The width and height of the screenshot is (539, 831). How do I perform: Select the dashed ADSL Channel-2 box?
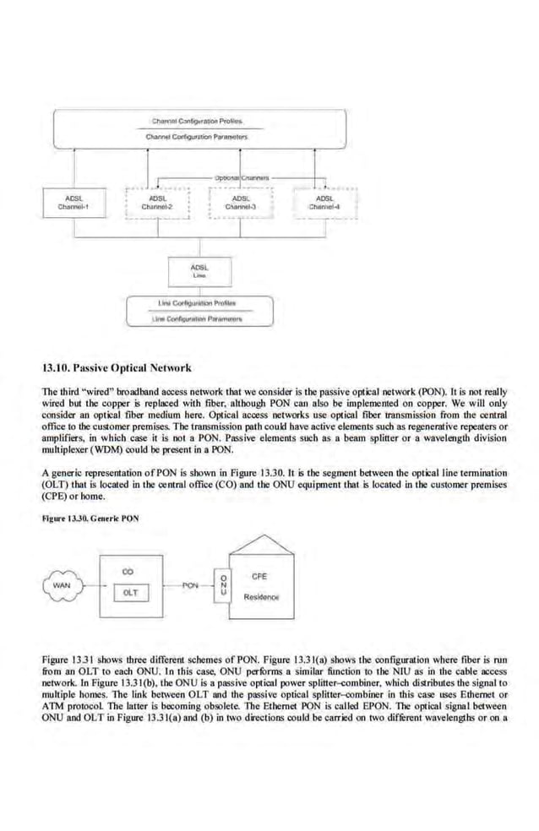pyautogui.click(x=155, y=203)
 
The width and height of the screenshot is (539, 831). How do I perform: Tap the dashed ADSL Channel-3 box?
pyautogui.click(x=241, y=203)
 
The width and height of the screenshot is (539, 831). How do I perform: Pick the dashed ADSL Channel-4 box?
pyautogui.click(x=324, y=203)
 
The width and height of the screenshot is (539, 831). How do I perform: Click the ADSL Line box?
pyautogui.click(x=200, y=270)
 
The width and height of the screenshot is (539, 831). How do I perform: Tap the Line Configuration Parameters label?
pyautogui.click(x=200, y=318)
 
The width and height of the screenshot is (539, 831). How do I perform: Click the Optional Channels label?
pyautogui.click(x=242, y=178)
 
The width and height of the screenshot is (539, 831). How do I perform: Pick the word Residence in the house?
pyautogui.click(x=260, y=596)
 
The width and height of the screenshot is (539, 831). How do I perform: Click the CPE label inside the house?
pyautogui.click(x=260, y=576)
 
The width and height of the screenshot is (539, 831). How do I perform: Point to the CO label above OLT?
pyautogui.click(x=128, y=572)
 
